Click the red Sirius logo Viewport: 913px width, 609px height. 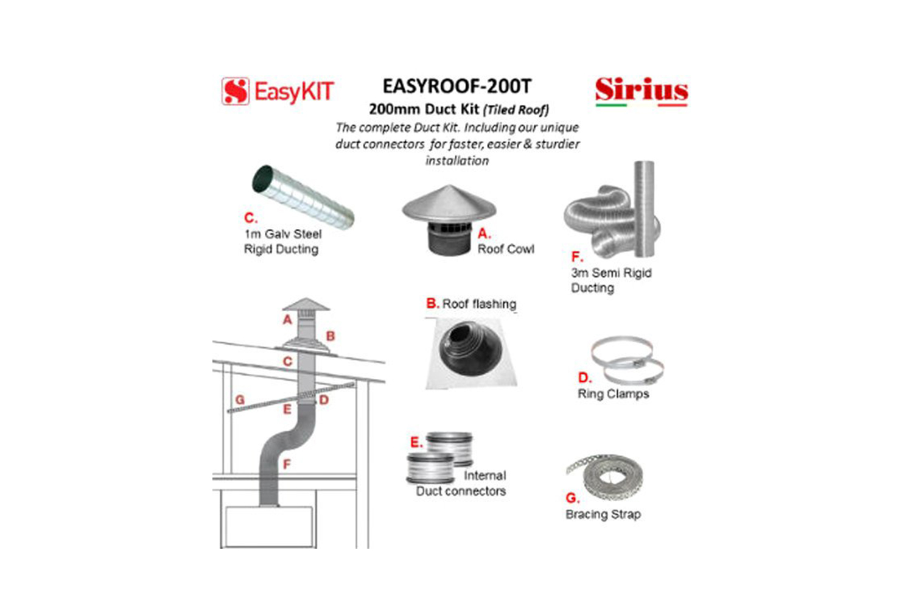(641, 90)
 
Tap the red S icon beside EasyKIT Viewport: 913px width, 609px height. (235, 91)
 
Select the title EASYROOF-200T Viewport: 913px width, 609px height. (456, 86)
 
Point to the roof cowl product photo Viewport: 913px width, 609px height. (449, 219)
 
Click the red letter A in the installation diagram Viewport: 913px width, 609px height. (287, 320)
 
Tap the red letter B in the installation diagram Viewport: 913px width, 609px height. (331, 336)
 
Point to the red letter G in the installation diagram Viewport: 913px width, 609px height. (240, 400)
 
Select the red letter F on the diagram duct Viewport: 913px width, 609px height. (287, 465)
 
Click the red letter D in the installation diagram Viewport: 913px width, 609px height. (324, 400)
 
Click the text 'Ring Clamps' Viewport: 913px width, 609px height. (613, 394)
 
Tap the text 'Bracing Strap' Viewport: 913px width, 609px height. (603, 515)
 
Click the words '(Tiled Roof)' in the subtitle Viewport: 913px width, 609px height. (516, 110)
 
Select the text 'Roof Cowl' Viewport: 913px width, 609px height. (506, 249)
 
